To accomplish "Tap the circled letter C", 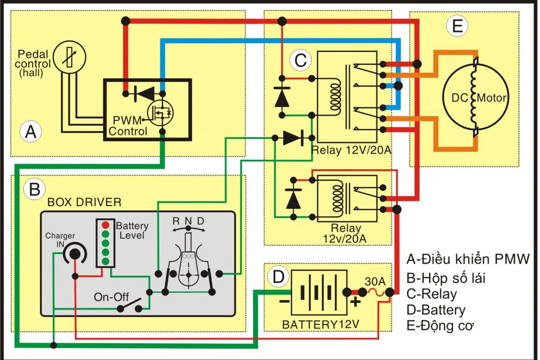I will point(300,61).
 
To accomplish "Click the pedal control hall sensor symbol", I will point(70,56).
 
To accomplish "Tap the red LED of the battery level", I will point(105,225).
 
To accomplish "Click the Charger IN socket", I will point(74,254).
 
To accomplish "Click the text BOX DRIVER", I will point(84,202).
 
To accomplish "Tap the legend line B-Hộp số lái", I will point(446,277).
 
